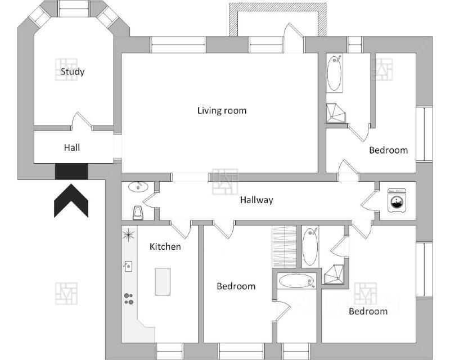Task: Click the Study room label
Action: tap(73, 71)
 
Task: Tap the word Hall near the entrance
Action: tap(71, 147)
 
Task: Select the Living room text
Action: tap(222, 110)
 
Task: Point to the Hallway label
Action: tap(256, 200)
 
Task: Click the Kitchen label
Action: tap(165, 246)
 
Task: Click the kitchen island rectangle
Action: tap(163, 281)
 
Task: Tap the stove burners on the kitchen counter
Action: tap(129, 299)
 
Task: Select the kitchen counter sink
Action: tap(128, 265)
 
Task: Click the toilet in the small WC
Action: tap(137, 213)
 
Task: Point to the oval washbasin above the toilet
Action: tap(137, 187)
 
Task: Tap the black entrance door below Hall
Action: tap(71, 172)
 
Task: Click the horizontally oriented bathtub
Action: tap(298, 281)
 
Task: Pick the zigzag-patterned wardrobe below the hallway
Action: tap(284, 246)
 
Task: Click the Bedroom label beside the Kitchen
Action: tap(236, 286)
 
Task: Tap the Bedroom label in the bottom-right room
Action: tap(368, 311)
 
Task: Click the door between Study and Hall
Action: tap(82, 121)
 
